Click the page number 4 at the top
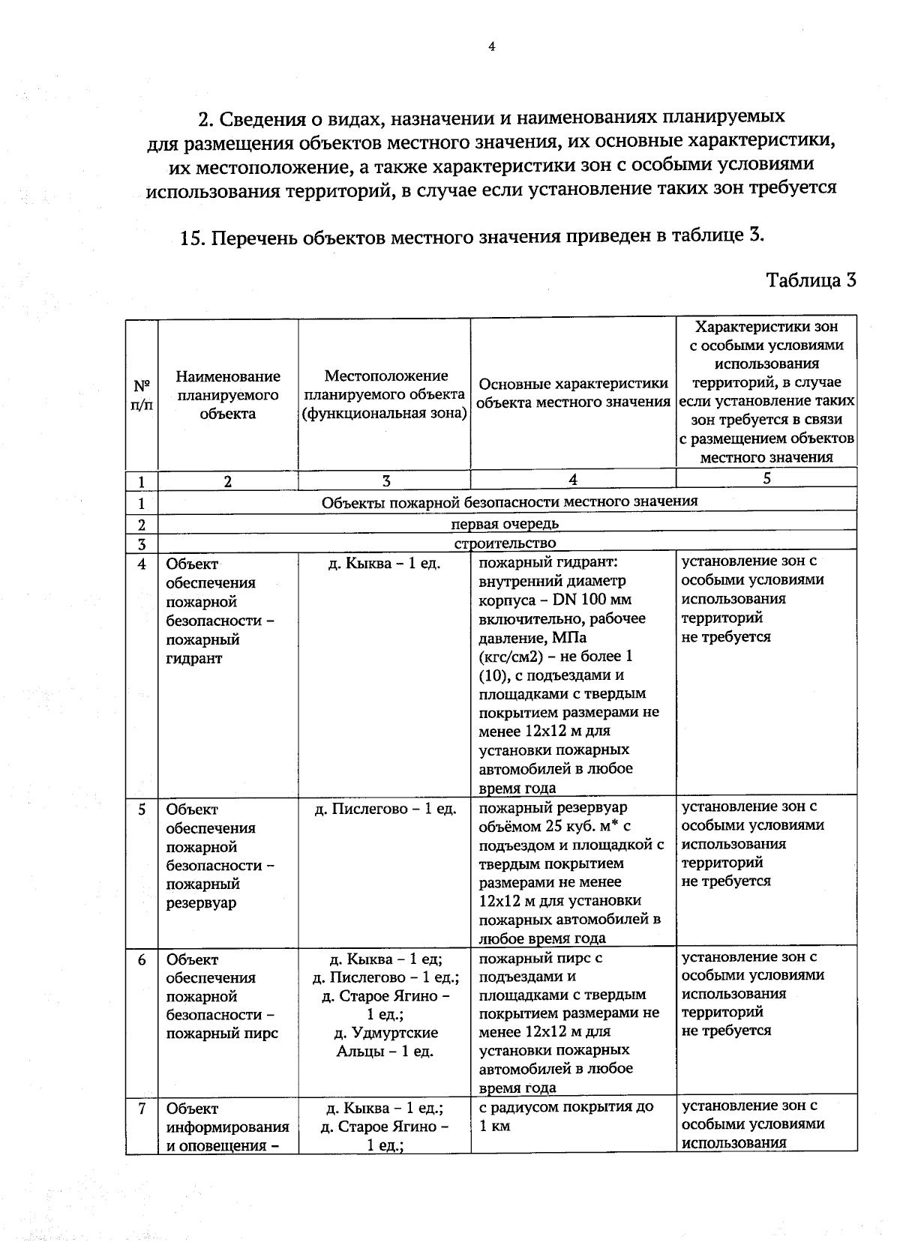[492, 47]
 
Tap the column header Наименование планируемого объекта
[228, 394]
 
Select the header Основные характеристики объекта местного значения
[573, 393]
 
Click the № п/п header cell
[142, 395]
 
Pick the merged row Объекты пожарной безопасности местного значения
[509, 501]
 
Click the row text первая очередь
[505, 523]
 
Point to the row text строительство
[505, 543]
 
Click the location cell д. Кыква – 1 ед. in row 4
[385, 563]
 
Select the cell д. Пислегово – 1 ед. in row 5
[385, 809]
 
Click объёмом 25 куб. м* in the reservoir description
[554, 826]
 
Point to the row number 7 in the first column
[142, 1108]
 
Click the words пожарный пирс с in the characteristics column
[540, 958]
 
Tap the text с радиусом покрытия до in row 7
[565, 1106]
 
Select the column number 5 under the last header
[766, 478]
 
